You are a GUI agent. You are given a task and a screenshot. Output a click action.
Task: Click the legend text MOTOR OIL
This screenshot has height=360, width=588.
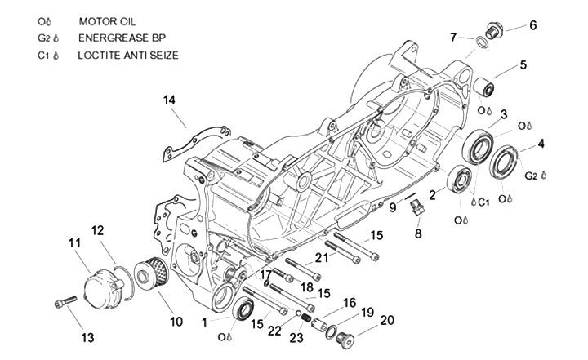click(x=107, y=21)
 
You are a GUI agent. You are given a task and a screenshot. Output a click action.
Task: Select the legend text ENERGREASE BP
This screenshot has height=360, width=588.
click(x=122, y=38)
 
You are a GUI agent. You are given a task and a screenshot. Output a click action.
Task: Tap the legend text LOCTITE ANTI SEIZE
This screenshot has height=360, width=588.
click(x=128, y=56)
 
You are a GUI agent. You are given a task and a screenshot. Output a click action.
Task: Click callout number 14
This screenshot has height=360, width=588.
click(x=169, y=100)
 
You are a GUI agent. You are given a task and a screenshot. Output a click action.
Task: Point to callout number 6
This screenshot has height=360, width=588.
click(x=532, y=25)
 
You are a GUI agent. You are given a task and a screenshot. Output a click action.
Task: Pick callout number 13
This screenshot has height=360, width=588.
click(x=87, y=337)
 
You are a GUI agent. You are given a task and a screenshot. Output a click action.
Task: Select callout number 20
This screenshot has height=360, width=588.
click(x=387, y=320)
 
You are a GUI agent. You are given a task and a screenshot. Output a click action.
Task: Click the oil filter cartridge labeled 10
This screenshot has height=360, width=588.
click(x=152, y=273)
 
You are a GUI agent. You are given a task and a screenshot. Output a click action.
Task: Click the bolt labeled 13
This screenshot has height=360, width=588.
click(x=65, y=301)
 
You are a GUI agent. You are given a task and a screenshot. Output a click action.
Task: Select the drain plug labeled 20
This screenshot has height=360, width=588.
click(x=345, y=340)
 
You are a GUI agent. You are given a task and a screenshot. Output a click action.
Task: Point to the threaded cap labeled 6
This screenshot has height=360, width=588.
click(x=494, y=30)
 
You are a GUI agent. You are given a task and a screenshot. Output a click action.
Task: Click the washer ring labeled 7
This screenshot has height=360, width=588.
click(x=482, y=42)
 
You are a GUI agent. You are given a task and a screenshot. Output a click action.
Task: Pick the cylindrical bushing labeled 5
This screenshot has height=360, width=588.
click(x=483, y=87)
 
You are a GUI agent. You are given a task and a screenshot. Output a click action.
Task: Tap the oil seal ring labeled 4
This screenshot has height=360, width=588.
click(x=504, y=162)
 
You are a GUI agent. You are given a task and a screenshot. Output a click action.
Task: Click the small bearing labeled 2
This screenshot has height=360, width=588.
click(x=459, y=180)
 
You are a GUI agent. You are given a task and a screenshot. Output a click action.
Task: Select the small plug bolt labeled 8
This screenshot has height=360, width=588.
click(x=416, y=207)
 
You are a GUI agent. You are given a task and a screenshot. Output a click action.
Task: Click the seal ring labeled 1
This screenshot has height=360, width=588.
click(x=243, y=309)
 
